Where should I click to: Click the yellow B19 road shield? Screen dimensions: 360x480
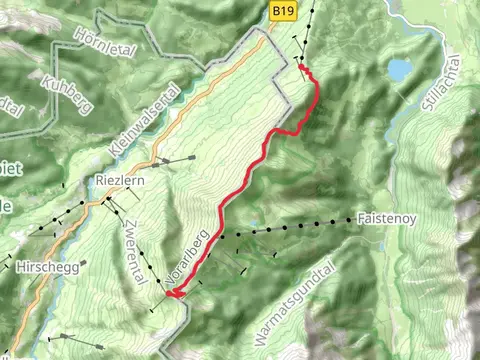pos(284,10)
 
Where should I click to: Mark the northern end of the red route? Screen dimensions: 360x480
pos(302,67)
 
